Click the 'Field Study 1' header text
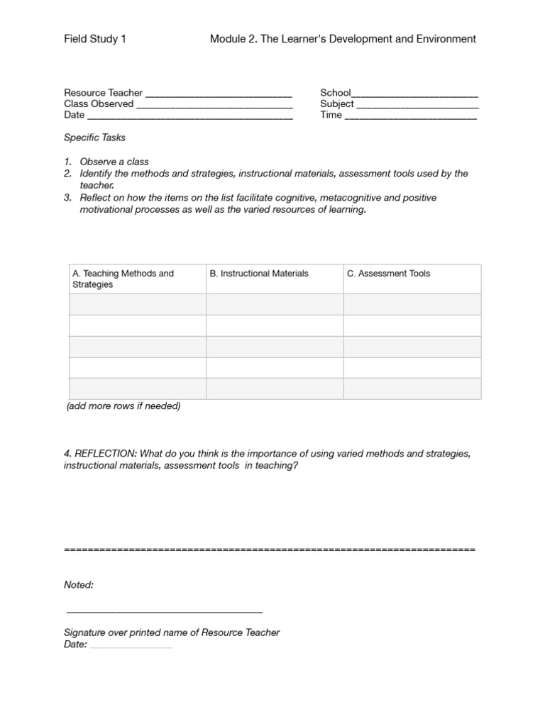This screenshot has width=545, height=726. (x=95, y=39)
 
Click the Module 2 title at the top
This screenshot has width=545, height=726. (x=343, y=39)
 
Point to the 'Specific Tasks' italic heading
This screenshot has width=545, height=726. (x=94, y=138)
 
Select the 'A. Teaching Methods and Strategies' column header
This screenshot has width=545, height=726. (x=123, y=279)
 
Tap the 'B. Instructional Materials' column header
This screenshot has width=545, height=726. (x=259, y=274)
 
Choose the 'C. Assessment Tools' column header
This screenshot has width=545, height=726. (x=388, y=274)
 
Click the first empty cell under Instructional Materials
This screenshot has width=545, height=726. (x=275, y=304)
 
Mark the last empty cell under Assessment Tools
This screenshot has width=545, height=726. (x=412, y=389)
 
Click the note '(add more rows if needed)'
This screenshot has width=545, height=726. (x=123, y=406)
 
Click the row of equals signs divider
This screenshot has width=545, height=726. (x=269, y=549)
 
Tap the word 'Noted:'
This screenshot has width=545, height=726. (x=79, y=585)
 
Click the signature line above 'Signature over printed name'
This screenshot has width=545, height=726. (x=164, y=611)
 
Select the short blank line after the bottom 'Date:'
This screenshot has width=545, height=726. (x=131, y=646)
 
